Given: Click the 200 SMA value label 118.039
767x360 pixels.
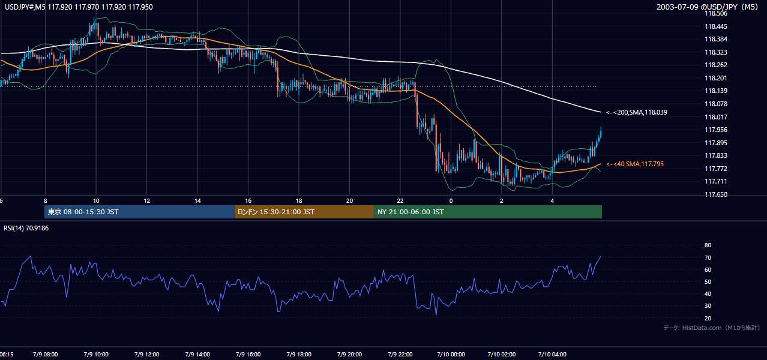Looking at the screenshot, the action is pyautogui.click(x=637, y=112).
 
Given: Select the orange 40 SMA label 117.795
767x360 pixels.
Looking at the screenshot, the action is pyautogui.click(x=635, y=164).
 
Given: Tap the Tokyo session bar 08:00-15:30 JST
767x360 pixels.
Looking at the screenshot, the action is pyautogui.click(x=139, y=212).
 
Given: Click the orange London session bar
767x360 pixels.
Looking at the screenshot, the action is pyautogui.click(x=304, y=212).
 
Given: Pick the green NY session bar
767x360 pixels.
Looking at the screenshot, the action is pyautogui.click(x=488, y=212).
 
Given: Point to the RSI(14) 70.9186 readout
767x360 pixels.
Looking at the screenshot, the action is pyautogui.click(x=26, y=228).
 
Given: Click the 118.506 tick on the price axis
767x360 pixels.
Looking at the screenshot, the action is pyautogui.click(x=716, y=14).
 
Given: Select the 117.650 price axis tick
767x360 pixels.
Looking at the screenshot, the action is pyautogui.click(x=716, y=194).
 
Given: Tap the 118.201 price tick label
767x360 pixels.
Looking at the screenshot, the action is pyautogui.click(x=716, y=78).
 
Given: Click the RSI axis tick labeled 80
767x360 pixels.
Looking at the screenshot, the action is pyautogui.click(x=708, y=245).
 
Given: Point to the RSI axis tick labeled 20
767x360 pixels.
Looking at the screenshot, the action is pyautogui.click(x=708, y=318).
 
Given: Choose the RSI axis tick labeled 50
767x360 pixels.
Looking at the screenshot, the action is pyautogui.click(x=708, y=281).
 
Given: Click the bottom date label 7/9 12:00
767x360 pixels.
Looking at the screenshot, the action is pyautogui.click(x=147, y=354).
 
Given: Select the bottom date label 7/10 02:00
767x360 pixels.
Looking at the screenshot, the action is pyautogui.click(x=502, y=354).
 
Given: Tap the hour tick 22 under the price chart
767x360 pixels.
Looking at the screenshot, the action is pyautogui.click(x=400, y=201).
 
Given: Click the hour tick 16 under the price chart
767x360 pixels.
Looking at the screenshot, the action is pyautogui.click(x=248, y=201).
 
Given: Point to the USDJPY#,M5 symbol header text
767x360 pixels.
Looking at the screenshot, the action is pyautogui.click(x=25, y=7).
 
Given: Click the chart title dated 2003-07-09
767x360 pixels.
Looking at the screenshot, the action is pyautogui.click(x=707, y=7).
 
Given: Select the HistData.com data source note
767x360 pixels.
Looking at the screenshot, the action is pyautogui.click(x=712, y=328).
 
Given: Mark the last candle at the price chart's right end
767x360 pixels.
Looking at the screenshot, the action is pyautogui.click(x=601, y=132).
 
